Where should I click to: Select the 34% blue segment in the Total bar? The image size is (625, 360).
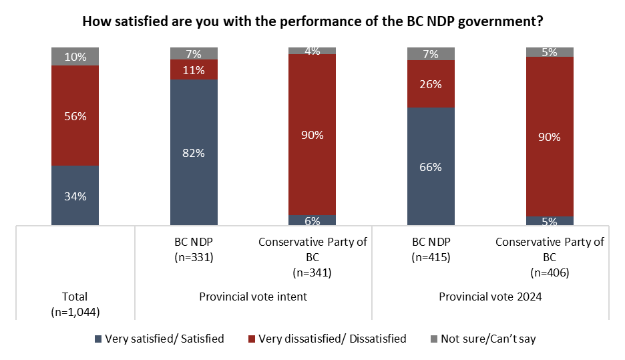pyautogui.click(x=75, y=195)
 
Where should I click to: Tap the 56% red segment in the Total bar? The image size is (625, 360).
pyautogui.click(x=75, y=116)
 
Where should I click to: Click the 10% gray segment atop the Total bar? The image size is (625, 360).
pyautogui.click(x=75, y=57)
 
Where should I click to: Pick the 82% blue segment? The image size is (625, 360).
pyautogui.click(x=194, y=152)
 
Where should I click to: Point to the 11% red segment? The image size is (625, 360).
pyautogui.click(x=194, y=69)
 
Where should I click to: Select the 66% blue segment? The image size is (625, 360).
pyautogui.click(x=431, y=166)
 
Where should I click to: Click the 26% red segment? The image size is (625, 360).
pyautogui.click(x=431, y=83)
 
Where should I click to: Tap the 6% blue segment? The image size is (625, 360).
pyautogui.click(x=312, y=220)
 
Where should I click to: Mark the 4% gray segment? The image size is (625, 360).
pyautogui.click(x=312, y=51)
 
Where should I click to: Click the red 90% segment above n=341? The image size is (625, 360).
pyautogui.click(x=312, y=134)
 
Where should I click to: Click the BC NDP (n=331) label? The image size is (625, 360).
pyautogui.click(x=194, y=249)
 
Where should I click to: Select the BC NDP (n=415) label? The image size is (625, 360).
pyautogui.click(x=431, y=249)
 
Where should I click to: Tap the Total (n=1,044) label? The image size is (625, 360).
pyautogui.click(x=75, y=304)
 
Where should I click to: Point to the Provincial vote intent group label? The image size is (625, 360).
pyautogui.click(x=253, y=297)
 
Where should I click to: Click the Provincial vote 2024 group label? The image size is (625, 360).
pyautogui.click(x=490, y=297)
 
